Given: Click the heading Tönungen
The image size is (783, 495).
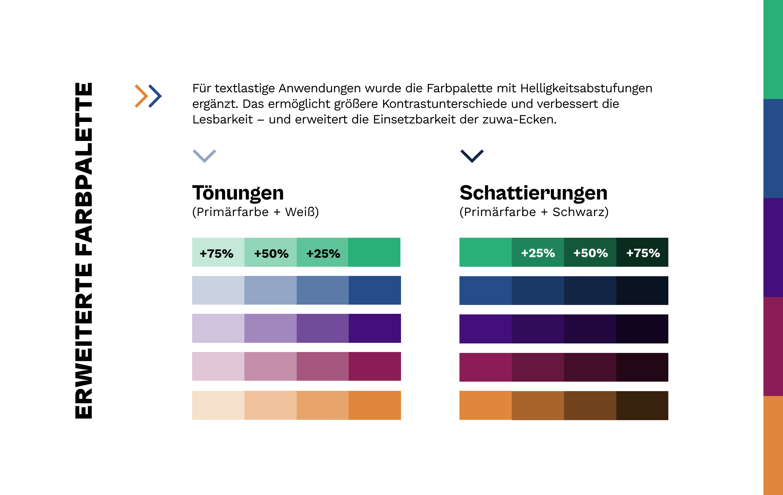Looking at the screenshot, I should pos(238,193).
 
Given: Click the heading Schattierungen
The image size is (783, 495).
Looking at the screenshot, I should pos(533,193).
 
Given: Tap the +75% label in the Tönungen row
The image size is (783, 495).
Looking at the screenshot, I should pos(217,254).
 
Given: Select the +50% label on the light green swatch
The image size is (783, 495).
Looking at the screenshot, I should pos(271,254).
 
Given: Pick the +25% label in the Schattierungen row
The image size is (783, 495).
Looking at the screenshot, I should pos(538,253).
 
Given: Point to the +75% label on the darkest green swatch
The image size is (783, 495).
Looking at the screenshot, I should pos(643,253).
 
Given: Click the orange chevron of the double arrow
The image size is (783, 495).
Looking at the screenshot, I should pos(141,96).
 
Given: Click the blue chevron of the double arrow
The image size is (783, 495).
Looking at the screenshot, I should pos(155,96).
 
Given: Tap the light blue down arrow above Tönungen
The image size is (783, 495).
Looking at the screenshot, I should pos(204,156).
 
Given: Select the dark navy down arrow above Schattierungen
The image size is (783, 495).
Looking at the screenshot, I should pos(472,156).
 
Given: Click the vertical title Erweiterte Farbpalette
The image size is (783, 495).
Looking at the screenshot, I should pos(84,251).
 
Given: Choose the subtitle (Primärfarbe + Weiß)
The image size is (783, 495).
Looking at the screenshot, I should pos(255,212).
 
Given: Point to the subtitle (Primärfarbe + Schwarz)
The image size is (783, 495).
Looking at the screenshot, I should pos(534,212).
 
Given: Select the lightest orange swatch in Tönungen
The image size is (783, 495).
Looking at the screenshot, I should pos(218,405).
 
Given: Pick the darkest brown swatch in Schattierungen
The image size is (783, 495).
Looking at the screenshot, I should pos(642,405).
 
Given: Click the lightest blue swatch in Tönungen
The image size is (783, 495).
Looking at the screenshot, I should pos(218,290).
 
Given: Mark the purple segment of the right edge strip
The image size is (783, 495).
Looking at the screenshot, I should pos(773,248).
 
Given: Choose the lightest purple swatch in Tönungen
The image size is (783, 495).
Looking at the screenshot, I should pos(218,328).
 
